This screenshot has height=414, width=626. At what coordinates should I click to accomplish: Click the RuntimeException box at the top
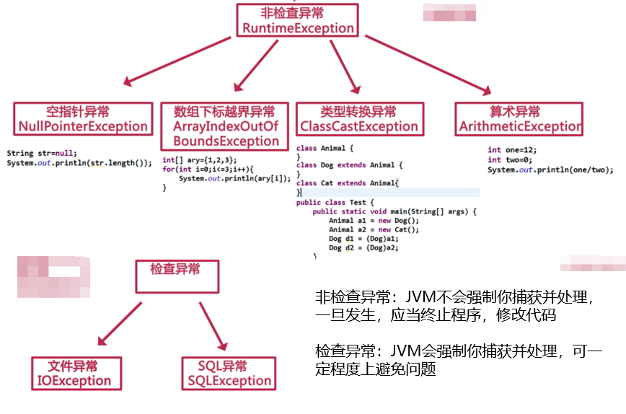(x=298, y=21)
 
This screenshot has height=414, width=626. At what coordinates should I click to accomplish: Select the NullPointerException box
(x=84, y=119)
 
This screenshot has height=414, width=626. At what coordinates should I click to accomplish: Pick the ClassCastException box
(x=359, y=119)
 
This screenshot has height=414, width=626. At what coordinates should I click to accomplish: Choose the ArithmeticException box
(x=519, y=119)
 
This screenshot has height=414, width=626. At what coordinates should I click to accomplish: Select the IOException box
(x=74, y=373)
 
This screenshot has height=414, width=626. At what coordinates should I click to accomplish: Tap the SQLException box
(x=227, y=373)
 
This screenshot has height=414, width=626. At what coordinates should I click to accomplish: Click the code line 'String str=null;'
(x=37, y=154)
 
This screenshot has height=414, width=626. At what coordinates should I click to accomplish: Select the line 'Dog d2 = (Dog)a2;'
(x=363, y=247)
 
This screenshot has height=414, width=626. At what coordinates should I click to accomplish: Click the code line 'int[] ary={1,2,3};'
(x=199, y=160)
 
